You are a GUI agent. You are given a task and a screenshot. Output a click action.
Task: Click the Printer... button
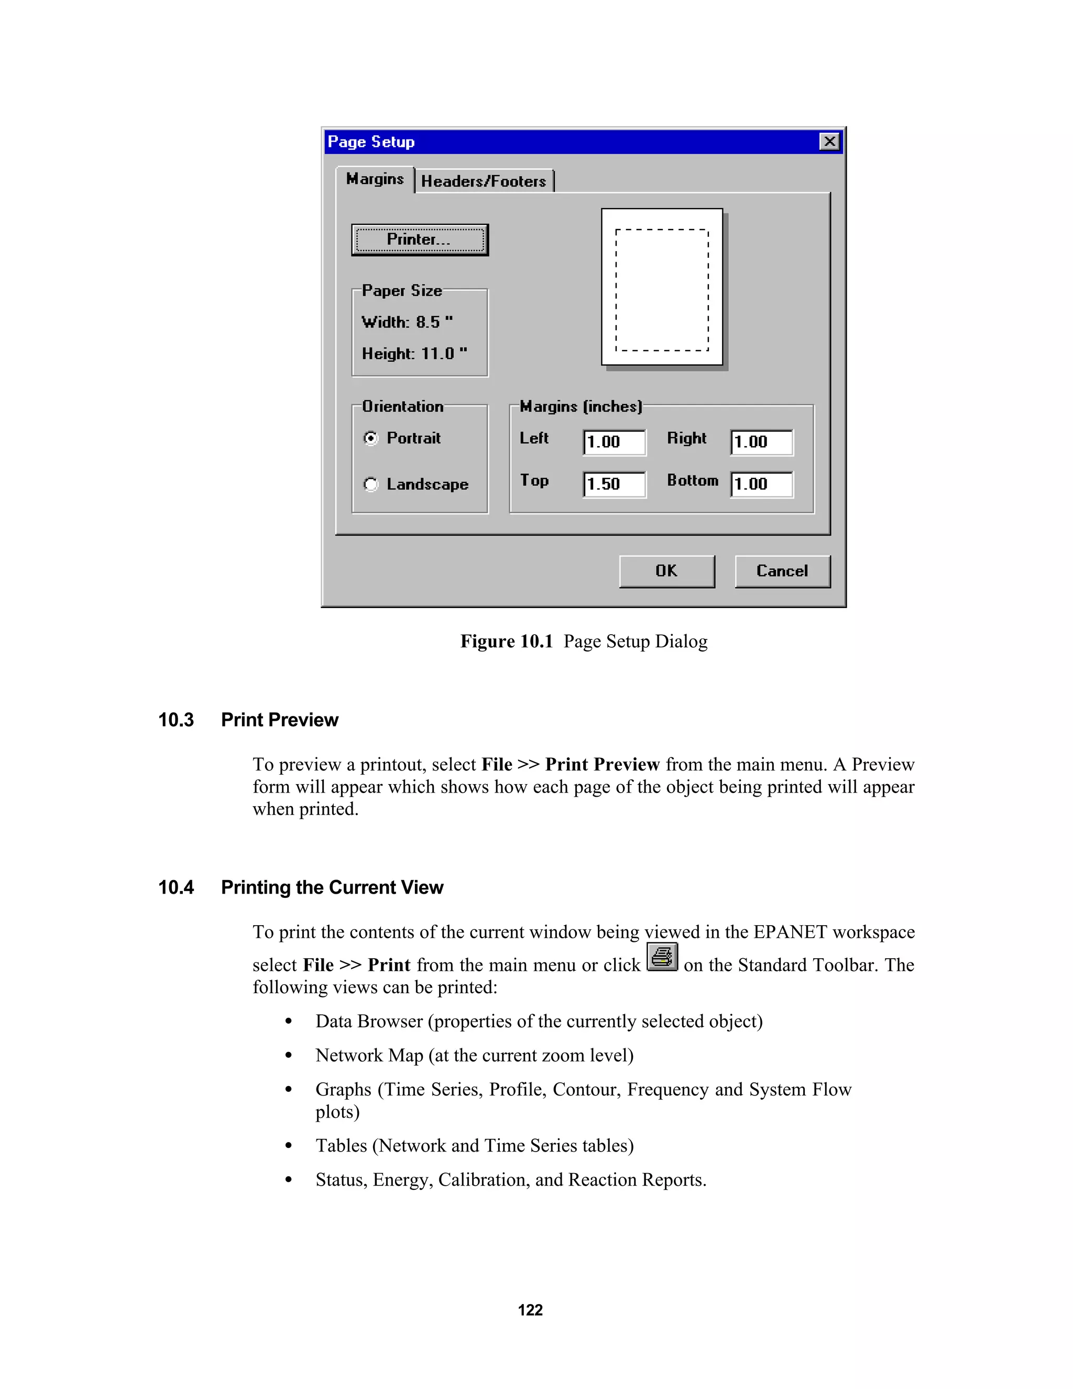tap(420, 240)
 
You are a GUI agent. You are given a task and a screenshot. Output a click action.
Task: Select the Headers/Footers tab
tap(484, 181)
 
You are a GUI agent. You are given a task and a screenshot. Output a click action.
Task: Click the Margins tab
tap(375, 179)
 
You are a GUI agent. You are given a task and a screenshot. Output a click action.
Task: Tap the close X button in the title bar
tap(829, 141)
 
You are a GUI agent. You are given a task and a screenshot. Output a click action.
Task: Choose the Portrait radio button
tap(370, 438)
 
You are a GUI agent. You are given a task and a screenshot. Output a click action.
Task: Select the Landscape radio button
tap(370, 485)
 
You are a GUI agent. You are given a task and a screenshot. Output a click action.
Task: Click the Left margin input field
tap(614, 442)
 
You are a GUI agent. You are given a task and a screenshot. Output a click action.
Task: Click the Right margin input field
tap(761, 442)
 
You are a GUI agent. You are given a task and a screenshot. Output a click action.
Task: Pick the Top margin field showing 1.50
tap(614, 484)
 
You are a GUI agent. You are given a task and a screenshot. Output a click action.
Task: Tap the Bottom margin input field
tap(761, 484)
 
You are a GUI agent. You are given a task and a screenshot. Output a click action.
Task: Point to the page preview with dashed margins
tap(662, 287)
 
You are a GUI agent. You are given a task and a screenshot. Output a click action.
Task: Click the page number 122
tap(530, 1310)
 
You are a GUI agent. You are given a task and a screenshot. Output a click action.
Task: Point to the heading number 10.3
tap(176, 720)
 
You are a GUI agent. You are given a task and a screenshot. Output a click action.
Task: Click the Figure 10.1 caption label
tap(507, 641)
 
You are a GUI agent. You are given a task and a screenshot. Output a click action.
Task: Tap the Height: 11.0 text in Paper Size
tap(414, 354)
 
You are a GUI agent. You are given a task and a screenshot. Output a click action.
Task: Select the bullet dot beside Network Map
tap(289, 1056)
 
